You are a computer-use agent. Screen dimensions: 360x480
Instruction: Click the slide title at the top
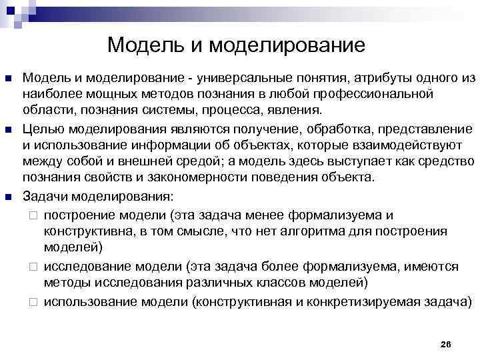[x=236, y=45]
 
